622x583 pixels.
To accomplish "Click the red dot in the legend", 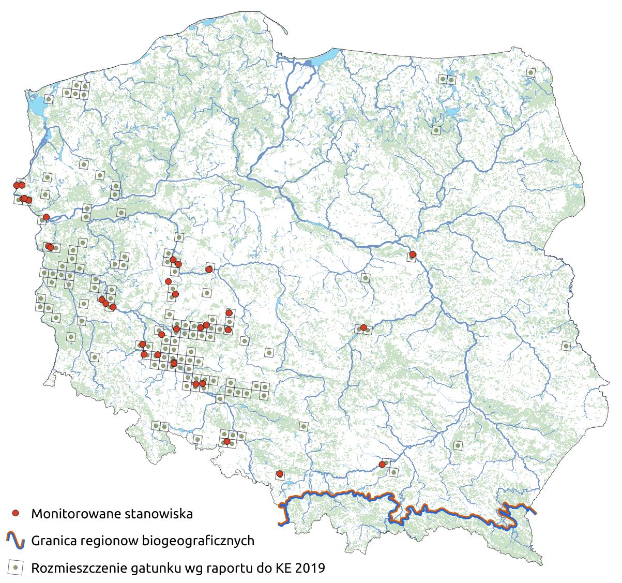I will click(16, 514).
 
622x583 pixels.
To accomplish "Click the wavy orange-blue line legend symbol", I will click(16, 541).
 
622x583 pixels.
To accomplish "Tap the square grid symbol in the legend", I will click(16, 568).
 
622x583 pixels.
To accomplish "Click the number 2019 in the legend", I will click(311, 568).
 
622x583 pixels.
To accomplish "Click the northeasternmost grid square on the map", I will click(530, 73).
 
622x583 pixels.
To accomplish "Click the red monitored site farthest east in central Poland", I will click(413, 254).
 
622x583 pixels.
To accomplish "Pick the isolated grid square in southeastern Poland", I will click(458, 445).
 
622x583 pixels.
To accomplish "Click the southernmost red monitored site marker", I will click(280, 473).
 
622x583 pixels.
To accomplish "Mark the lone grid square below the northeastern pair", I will click(436, 130).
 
